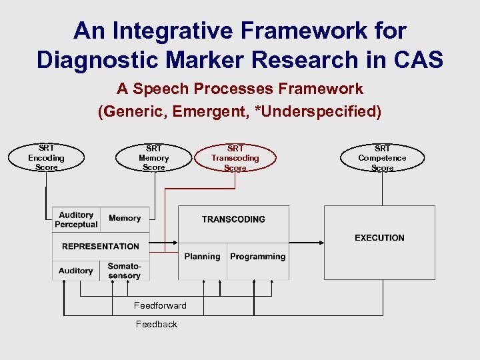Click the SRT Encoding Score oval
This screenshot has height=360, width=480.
pyautogui.click(x=46, y=158)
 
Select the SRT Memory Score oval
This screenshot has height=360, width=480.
pyautogui.click(x=153, y=158)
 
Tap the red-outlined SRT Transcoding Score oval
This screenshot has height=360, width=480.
pyautogui.click(x=235, y=158)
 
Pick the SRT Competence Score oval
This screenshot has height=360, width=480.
pyautogui.click(x=382, y=158)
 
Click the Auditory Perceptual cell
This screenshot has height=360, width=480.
pyautogui.click(x=76, y=220)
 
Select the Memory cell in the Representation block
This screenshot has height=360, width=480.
pyautogui.click(x=125, y=218)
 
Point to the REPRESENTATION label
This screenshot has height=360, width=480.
pyautogui.click(x=101, y=246)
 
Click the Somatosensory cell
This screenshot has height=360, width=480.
pyautogui.click(x=125, y=271)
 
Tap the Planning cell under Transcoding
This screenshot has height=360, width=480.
pyautogui.click(x=203, y=257)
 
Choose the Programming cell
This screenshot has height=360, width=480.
pyautogui.click(x=257, y=257)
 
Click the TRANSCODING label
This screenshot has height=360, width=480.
pyautogui.click(x=233, y=219)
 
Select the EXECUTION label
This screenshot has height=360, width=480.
pyautogui.click(x=379, y=237)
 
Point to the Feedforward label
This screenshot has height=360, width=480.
pyautogui.click(x=160, y=305)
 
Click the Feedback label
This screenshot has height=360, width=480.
pyautogui.click(x=157, y=324)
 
